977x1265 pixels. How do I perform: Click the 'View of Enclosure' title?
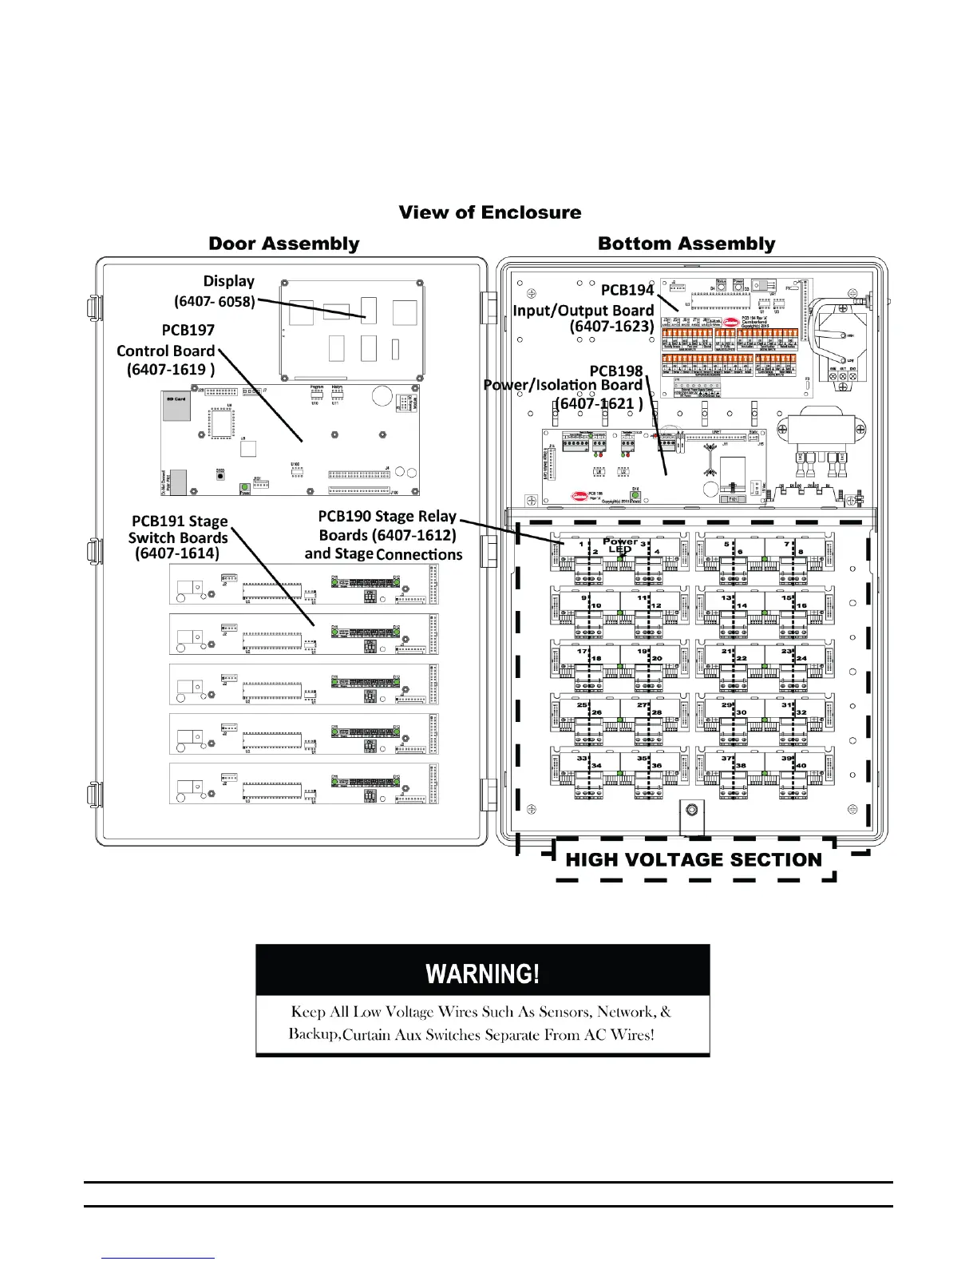pos(490,212)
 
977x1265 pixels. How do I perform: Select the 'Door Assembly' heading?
pos(284,244)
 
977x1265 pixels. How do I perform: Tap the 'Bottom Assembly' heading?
pos(686,244)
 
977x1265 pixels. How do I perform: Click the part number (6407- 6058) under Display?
pos(215,301)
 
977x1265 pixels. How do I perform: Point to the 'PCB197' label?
pos(188,330)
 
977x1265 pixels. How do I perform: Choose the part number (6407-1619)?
pos(171,370)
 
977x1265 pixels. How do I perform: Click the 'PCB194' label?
pos(627,290)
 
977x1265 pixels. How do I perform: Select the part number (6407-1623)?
pos(612,326)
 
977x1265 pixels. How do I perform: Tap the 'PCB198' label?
pos(616,371)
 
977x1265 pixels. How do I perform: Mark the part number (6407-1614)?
pos(177,553)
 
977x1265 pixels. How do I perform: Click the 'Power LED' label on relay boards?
pos(619,545)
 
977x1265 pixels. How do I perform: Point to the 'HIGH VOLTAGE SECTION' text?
pos(694,860)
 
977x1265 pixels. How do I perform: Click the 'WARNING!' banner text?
pos(483,974)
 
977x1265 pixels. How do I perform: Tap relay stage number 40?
pos(801,766)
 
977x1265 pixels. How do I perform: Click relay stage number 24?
pos(801,659)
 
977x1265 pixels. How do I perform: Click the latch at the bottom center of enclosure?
pos(691,811)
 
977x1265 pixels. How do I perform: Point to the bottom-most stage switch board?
pos(304,783)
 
